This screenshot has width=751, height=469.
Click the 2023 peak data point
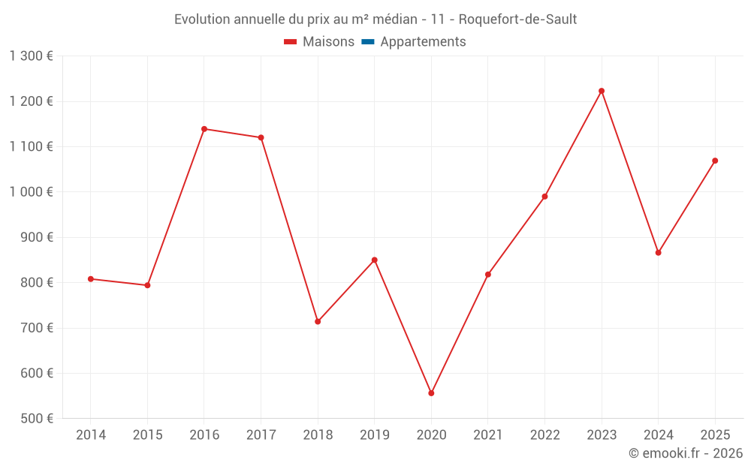(x=602, y=91)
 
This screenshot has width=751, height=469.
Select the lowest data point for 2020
(x=431, y=393)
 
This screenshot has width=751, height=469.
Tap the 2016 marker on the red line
(x=204, y=129)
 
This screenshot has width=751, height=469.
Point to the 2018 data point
(x=318, y=321)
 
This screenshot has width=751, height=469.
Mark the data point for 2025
(x=715, y=161)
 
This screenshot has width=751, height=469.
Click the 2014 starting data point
(x=91, y=279)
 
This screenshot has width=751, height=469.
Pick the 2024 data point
(x=659, y=253)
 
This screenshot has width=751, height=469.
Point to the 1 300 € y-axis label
(x=31, y=56)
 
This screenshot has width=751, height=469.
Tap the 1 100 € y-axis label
(x=31, y=146)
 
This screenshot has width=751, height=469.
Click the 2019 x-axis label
(x=374, y=435)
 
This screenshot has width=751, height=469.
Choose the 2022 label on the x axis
(x=544, y=435)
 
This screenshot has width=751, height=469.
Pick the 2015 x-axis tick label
(x=147, y=435)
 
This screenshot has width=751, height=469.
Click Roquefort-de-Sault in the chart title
(x=517, y=19)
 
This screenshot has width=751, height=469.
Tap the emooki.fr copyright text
(x=685, y=453)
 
